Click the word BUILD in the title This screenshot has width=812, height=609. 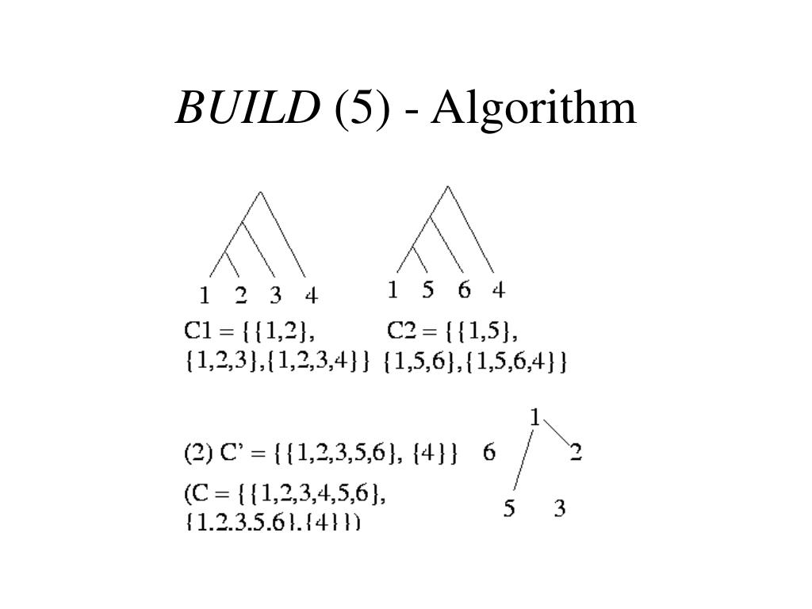pyautogui.click(x=244, y=109)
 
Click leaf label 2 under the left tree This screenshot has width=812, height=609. pyautogui.click(x=241, y=296)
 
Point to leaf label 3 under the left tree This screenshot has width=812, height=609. pyautogui.click(x=275, y=296)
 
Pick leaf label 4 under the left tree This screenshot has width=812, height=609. pyautogui.click(x=312, y=296)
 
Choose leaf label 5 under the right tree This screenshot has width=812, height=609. pyautogui.click(x=428, y=289)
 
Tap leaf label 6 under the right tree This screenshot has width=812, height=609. pyautogui.click(x=464, y=289)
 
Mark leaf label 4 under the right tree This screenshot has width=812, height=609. pyautogui.click(x=498, y=289)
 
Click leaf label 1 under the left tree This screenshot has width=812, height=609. pyautogui.click(x=205, y=296)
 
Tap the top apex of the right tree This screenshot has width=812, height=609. pyautogui.click(x=448, y=186)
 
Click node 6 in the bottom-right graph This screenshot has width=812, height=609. pyautogui.click(x=489, y=453)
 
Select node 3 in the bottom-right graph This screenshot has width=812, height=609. pyautogui.click(x=560, y=507)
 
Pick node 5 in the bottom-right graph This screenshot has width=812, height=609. pyautogui.click(x=509, y=507)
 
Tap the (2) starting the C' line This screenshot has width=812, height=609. pyautogui.click(x=196, y=454)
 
